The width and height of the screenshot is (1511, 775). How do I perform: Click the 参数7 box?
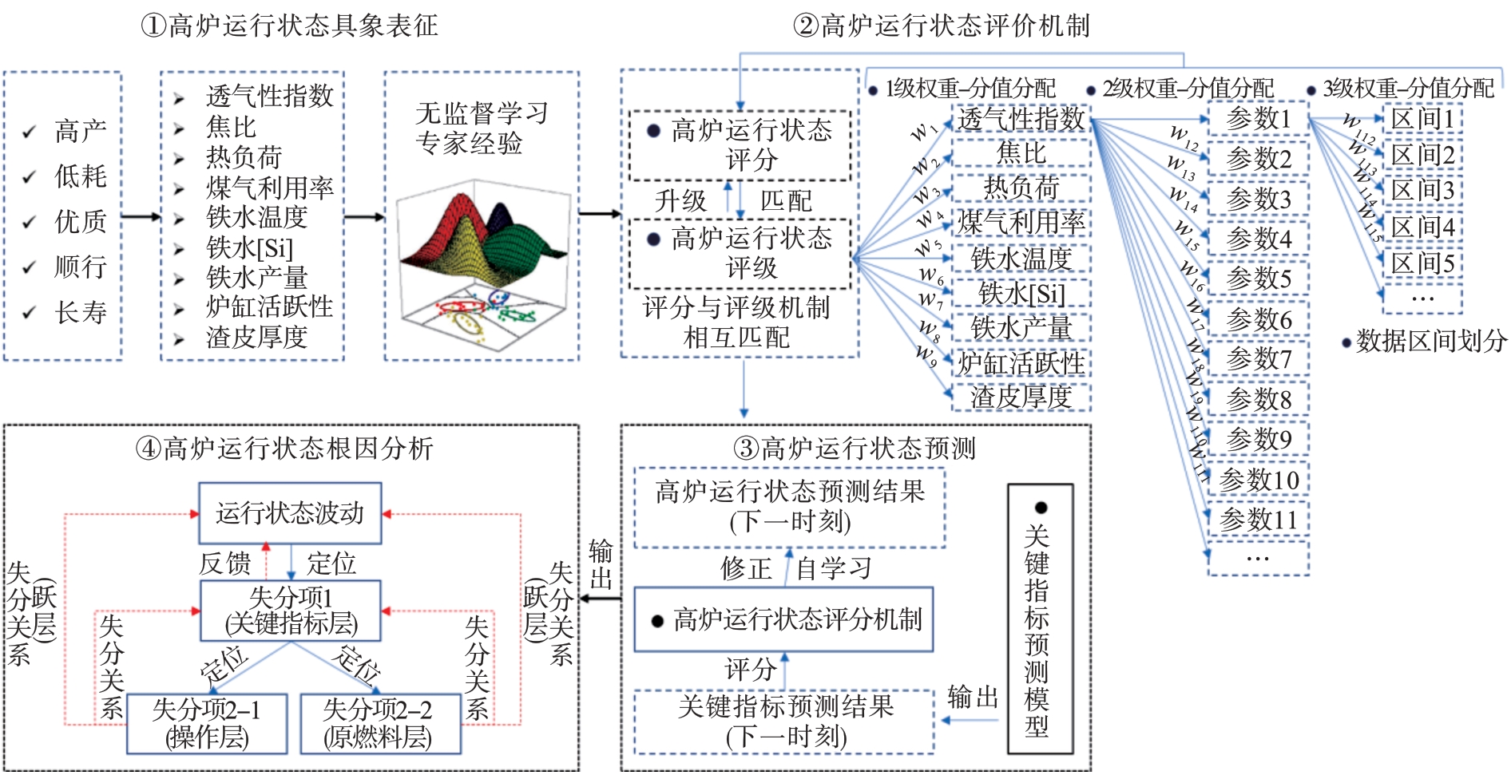1258,359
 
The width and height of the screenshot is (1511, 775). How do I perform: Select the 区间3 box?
1422,191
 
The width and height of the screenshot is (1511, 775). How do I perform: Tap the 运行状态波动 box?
289,512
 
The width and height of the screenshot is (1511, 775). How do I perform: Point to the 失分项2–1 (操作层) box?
207,723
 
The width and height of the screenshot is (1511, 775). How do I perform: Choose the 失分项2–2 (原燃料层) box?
379,723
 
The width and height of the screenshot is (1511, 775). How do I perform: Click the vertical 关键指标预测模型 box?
1039,619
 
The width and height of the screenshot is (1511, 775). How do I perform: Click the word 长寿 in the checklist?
81,312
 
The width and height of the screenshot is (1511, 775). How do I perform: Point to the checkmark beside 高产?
30,131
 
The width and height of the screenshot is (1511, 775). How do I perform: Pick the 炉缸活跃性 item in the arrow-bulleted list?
269,307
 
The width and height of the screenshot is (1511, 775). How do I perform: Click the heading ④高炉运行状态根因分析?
285,449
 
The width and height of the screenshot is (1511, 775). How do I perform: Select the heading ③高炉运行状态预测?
855,449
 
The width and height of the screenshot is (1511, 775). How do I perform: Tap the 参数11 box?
1258,520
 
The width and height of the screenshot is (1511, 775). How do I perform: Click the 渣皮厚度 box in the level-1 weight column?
1021,397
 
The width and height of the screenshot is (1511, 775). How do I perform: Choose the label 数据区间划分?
1430,342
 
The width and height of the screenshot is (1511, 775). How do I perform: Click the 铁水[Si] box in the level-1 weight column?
1021,294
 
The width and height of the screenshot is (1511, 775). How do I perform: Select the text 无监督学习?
482,113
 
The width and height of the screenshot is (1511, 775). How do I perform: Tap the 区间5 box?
1422,263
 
